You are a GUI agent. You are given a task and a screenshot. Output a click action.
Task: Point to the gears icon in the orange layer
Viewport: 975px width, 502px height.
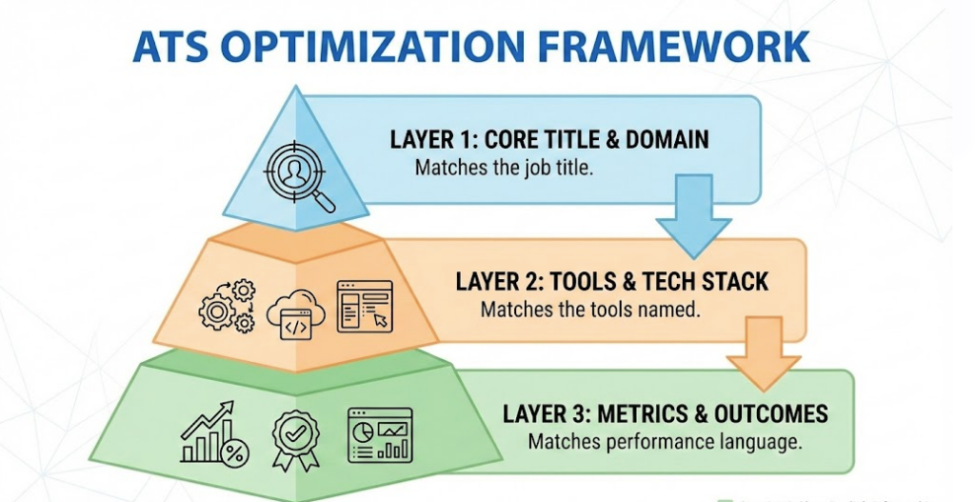pyautogui.click(x=227, y=305)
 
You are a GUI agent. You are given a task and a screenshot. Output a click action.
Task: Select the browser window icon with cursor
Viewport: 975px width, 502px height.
pyautogui.click(x=364, y=305)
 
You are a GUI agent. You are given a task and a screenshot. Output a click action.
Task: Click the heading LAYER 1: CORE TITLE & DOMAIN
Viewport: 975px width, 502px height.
pyautogui.click(x=549, y=139)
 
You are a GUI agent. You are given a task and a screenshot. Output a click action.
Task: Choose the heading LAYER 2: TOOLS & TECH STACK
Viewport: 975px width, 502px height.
pyautogui.click(x=611, y=282)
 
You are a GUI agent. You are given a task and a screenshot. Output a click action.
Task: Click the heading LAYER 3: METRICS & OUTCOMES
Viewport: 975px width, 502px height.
pyautogui.click(x=665, y=414)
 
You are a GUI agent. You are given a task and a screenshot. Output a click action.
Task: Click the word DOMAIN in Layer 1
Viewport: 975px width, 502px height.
pyautogui.click(x=667, y=139)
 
